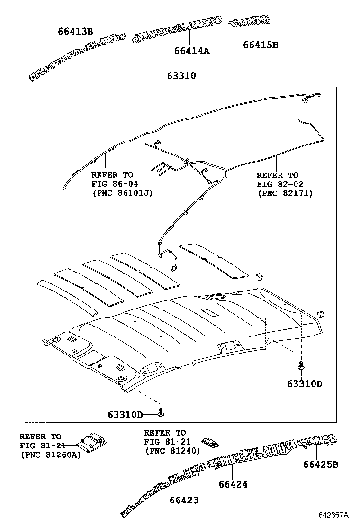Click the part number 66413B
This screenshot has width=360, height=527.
tap(75, 32)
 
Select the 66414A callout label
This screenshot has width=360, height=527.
tap(191, 50)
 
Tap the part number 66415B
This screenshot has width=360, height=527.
tap(260, 45)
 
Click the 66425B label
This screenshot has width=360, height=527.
tap(321, 464)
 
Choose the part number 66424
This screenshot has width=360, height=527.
tap(233, 484)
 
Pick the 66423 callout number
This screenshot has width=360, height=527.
tap(184, 500)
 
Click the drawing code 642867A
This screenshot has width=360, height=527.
tap(333, 515)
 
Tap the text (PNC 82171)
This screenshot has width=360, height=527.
tap(285, 193)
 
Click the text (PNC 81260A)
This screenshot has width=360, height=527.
tap(50, 454)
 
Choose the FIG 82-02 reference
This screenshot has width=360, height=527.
tap(279, 184)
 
